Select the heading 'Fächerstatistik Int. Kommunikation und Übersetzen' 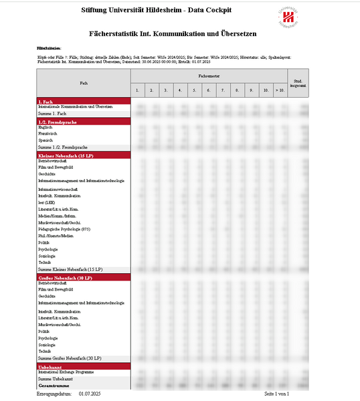pos(173,33)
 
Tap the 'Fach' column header pos(84,83)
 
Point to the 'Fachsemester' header pos(209,76)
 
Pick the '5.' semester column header pos(194,90)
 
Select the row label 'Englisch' pos(46,127)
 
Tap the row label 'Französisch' pos(48,133)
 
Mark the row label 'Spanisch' pos(46,140)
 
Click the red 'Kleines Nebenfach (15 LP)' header pos(66,155)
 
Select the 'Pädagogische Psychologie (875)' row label pos(64,229)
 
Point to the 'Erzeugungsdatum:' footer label pos(54,393)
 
